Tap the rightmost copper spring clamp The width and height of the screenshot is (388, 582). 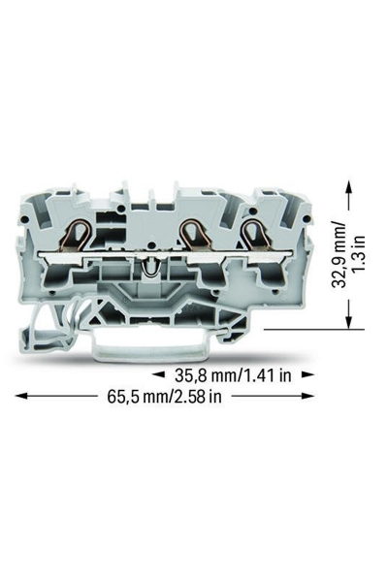[x=255, y=236]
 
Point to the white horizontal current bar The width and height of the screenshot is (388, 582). [x=166, y=254]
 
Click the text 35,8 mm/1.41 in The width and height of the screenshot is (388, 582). [x=233, y=375]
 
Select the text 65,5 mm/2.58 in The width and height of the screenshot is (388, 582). [x=165, y=396]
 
